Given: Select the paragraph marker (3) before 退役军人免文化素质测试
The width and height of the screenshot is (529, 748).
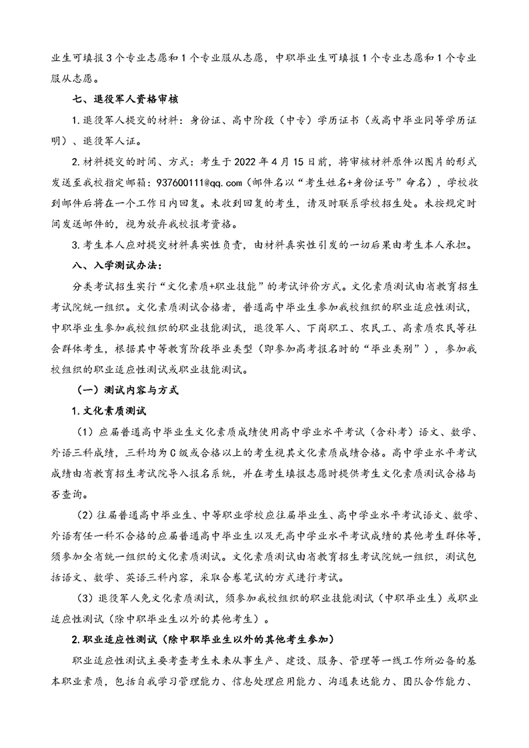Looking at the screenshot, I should (x=87, y=599).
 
